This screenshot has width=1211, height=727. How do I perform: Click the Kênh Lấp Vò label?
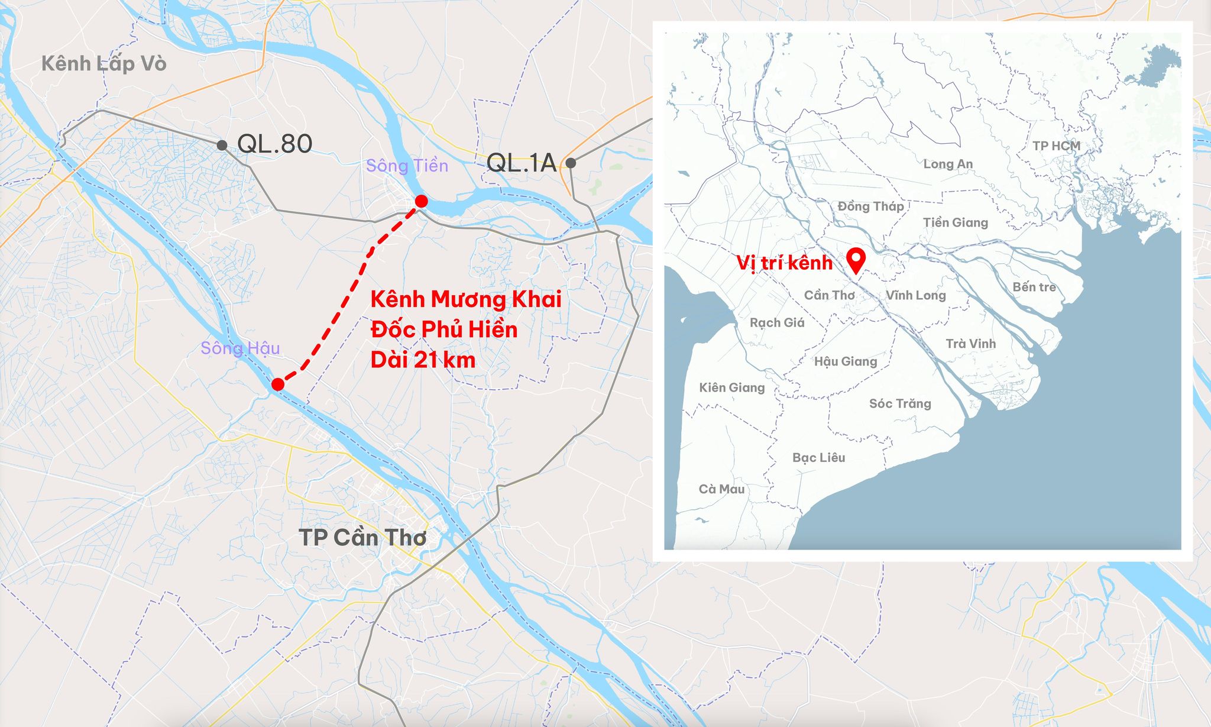click(x=104, y=63)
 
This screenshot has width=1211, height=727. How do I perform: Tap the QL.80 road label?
click(x=274, y=144)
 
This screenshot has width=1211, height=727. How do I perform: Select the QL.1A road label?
click(x=522, y=163)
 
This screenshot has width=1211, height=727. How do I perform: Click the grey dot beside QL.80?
click(x=222, y=145)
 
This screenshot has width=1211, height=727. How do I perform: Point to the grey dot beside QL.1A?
click(x=571, y=163)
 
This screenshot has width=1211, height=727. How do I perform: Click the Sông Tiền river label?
click(x=407, y=166)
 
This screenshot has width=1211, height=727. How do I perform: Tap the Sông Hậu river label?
click(x=240, y=348)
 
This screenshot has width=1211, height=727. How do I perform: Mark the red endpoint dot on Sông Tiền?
click(x=421, y=201)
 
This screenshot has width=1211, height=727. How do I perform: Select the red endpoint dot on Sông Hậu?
click(x=278, y=384)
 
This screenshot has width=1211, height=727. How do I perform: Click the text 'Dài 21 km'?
click(x=423, y=360)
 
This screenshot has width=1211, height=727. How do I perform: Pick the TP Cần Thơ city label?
click(x=362, y=538)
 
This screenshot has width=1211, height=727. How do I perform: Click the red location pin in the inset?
click(x=856, y=259)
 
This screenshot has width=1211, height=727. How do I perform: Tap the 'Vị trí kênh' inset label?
click(x=784, y=263)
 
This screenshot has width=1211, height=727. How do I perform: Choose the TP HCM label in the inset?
click(x=1056, y=146)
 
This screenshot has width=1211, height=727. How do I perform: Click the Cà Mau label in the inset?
click(x=721, y=489)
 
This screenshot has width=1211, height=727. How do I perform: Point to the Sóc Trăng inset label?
click(x=900, y=403)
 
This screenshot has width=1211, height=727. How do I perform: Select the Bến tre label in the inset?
click(x=1034, y=287)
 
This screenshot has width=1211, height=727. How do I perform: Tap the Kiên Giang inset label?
click(x=731, y=387)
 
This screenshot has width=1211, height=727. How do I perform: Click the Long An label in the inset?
click(x=948, y=164)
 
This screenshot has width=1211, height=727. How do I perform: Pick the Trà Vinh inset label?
click(x=970, y=344)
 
